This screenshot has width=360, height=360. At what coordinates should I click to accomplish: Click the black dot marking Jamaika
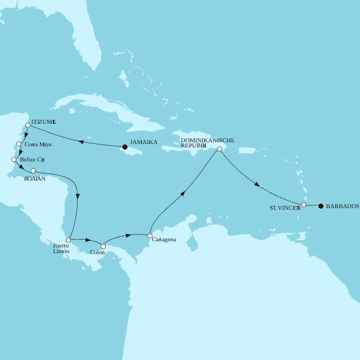[x=124, y=147]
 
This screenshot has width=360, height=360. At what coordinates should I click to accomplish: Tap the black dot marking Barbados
[x=321, y=206]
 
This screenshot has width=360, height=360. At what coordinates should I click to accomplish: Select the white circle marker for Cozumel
[x=28, y=125]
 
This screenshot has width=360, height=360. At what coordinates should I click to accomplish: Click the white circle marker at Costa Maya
[x=19, y=145]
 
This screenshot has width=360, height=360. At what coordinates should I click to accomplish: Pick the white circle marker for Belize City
[x=14, y=160]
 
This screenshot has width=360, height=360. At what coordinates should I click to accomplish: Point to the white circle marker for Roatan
[x=33, y=170]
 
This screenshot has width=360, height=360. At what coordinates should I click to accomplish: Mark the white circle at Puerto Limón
[x=68, y=240]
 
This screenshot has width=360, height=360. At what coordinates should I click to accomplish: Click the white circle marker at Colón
[x=103, y=246]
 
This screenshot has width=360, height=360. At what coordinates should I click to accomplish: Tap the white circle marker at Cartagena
[x=150, y=235]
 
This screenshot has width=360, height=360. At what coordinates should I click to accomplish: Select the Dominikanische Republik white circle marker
[x=219, y=149]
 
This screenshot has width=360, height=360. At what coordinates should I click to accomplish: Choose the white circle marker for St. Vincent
[x=304, y=205]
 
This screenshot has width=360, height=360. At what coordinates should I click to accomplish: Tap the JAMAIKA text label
[x=143, y=142]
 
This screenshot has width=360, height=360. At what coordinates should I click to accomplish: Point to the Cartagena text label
[x=164, y=240]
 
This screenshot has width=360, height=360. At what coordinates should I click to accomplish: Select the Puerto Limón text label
[x=61, y=248]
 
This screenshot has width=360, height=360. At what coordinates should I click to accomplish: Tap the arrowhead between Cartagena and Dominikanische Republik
[x=182, y=194]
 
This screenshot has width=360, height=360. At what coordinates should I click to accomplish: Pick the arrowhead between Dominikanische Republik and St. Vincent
[x=257, y=184]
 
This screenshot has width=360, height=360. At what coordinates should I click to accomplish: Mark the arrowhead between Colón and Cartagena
[x=129, y=235]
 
